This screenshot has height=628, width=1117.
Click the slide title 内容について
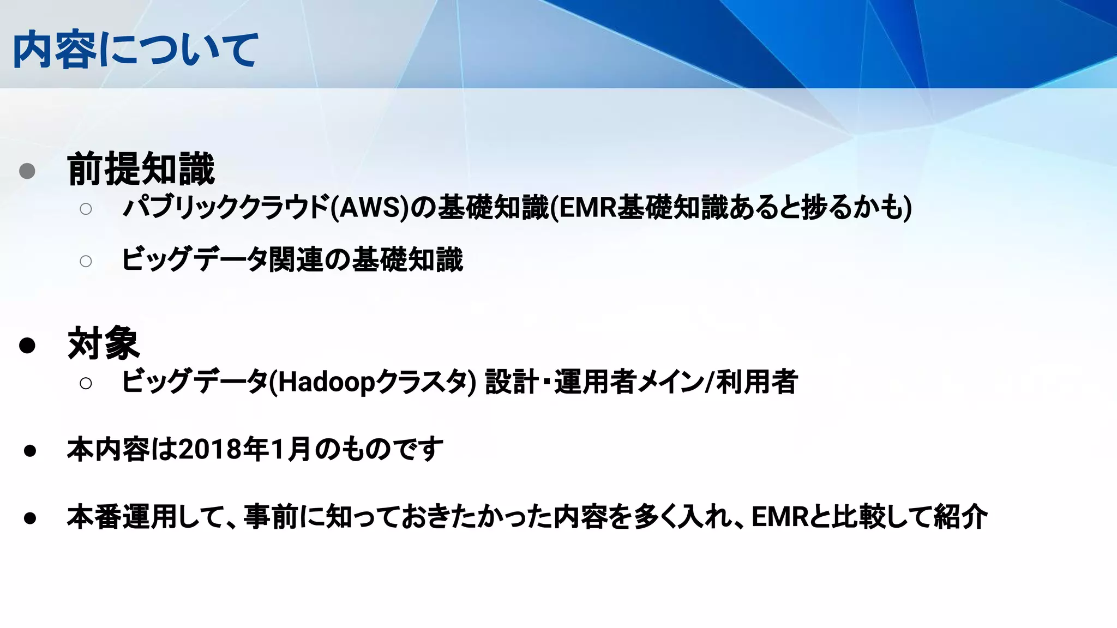135,50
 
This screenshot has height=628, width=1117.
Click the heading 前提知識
141,169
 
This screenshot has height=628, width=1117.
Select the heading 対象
104,343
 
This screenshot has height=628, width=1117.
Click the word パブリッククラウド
226,208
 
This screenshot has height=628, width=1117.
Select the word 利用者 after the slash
757,382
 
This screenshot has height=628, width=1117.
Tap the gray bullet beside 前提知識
27,171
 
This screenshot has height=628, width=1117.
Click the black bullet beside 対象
27,345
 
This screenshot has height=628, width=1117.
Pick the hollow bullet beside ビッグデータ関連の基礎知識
86,261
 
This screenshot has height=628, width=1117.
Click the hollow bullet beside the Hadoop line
86,383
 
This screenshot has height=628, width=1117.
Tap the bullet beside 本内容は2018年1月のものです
30,451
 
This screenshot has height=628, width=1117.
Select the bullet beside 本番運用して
30,518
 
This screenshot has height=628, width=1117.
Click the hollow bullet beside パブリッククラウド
86,209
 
